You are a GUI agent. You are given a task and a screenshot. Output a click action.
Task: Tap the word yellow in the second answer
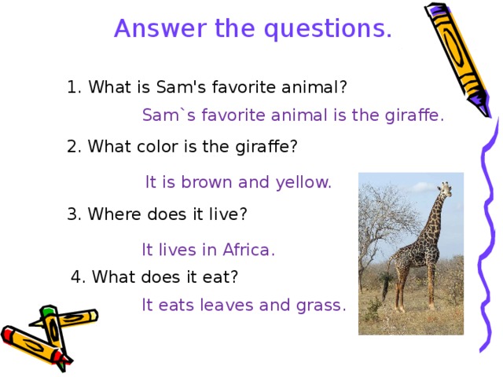(x=302, y=183)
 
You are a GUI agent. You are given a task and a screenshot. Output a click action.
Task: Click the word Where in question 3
(x=112, y=214)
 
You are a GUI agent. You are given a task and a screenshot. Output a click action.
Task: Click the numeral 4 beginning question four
(x=76, y=276)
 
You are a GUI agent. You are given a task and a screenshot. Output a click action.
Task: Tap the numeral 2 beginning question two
(x=73, y=147)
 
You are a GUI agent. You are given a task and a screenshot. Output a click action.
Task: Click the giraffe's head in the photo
(x=446, y=188)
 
